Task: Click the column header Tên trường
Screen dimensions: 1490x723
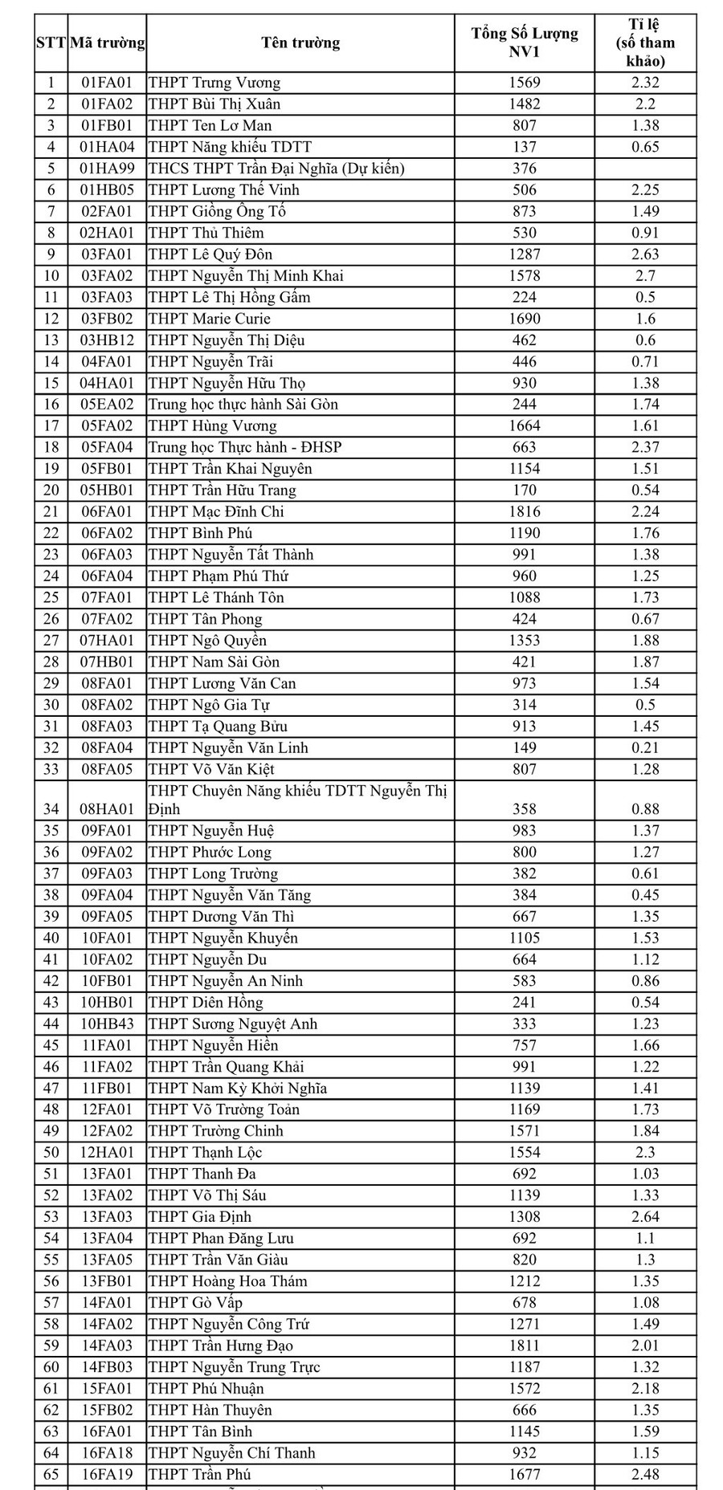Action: coord(300,43)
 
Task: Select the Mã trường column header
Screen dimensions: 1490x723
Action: coord(108,43)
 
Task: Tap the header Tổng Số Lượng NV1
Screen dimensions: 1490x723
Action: coord(525,43)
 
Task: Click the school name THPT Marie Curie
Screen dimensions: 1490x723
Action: coord(210,319)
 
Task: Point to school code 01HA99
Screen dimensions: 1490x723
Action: coord(108,169)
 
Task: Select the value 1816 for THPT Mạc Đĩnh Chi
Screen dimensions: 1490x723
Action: coord(525,511)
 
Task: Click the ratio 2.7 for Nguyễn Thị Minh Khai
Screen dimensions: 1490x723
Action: coord(645,275)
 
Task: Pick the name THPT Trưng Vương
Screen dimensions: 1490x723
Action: coord(214,83)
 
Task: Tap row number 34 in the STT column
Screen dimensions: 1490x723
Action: coord(51,809)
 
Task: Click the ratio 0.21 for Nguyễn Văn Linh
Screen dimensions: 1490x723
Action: coord(645,747)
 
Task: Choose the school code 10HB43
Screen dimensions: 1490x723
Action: coord(108,1024)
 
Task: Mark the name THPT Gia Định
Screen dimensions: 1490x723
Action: coord(200,1216)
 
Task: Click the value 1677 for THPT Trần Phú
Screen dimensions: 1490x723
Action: coord(525,1474)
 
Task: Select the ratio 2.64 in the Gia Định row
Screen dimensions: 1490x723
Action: coord(645,1216)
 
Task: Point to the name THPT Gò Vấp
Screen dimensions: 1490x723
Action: coord(195,1302)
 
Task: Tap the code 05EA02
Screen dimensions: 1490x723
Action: coord(108,405)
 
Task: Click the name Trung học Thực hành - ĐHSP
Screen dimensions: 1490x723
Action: coord(245,447)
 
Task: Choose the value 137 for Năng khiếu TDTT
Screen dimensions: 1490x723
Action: coord(525,147)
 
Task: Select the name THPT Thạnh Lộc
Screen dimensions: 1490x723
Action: coord(206,1152)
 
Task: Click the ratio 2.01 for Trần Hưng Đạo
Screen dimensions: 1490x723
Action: coord(645,1345)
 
